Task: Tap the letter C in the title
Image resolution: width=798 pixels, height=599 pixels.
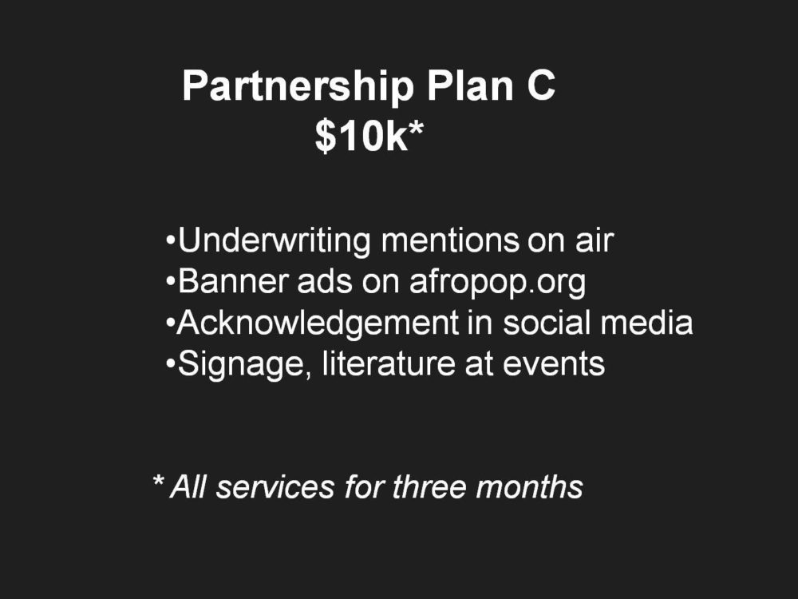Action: click(540, 85)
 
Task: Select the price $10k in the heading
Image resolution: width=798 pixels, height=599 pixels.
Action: click(361, 136)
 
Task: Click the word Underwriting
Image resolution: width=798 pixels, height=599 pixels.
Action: click(274, 241)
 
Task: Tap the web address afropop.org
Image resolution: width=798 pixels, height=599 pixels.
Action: click(498, 284)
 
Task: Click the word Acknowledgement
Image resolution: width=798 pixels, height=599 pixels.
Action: click(318, 323)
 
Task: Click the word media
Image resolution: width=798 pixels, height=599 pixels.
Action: click(647, 323)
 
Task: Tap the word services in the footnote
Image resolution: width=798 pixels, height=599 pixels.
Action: click(275, 487)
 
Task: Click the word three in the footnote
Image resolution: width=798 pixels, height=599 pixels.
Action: click(429, 486)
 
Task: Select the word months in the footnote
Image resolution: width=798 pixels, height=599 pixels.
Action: click(529, 486)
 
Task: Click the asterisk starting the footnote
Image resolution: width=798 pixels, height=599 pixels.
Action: click(158, 481)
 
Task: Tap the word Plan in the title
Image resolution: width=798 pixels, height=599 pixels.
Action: click(470, 85)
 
